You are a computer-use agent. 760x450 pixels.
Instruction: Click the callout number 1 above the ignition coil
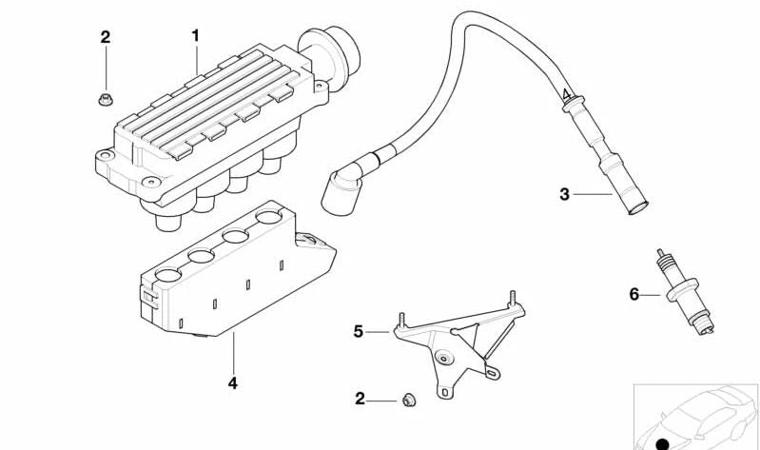tap(195, 36)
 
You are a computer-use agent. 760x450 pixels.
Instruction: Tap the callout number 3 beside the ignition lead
tap(564, 194)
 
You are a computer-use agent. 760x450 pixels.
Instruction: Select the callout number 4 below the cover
tap(233, 383)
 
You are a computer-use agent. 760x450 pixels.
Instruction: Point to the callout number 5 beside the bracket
tap(358, 332)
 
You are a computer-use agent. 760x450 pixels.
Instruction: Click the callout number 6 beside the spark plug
tap(634, 294)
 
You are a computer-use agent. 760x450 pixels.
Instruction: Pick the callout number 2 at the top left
tap(106, 37)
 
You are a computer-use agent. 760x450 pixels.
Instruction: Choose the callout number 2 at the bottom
tap(360, 399)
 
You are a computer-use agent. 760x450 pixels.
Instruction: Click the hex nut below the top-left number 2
tap(106, 99)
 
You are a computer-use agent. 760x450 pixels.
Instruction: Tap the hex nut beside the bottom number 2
tap(409, 401)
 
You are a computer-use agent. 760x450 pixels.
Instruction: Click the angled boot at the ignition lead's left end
tap(342, 186)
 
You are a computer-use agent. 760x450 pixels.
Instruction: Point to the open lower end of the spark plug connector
tap(638, 209)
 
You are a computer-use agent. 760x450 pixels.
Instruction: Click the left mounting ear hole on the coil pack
tap(106, 156)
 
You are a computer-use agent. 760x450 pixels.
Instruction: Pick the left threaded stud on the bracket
tap(401, 321)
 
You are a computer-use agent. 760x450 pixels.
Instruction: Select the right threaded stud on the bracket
tap(512, 299)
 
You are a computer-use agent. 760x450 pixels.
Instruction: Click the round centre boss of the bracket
tap(443, 359)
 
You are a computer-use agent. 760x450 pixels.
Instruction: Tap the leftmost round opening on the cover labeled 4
tap(167, 275)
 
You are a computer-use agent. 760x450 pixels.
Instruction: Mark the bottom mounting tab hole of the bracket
tap(444, 391)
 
